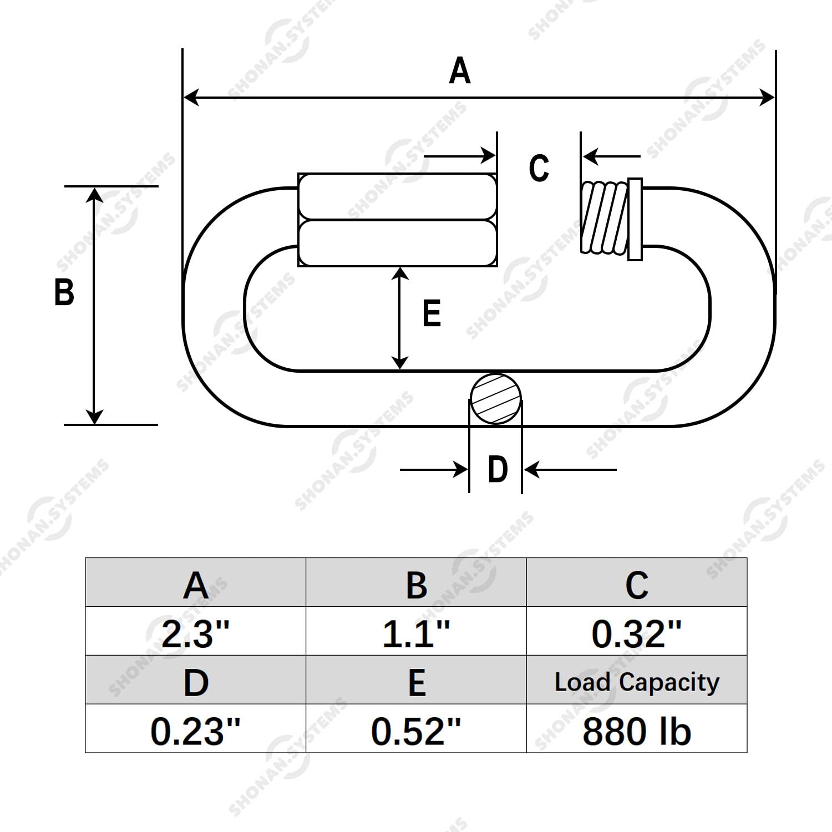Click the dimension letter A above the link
click(x=460, y=71)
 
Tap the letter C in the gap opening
click(x=539, y=168)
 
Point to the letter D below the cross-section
click(x=498, y=470)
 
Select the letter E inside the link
click(x=432, y=313)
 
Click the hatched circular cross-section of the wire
click(x=496, y=399)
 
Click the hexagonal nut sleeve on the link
click(x=397, y=220)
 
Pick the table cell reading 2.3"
click(x=195, y=632)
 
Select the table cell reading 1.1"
click(x=416, y=632)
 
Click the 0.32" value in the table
click(x=636, y=632)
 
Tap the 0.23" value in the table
click(x=195, y=730)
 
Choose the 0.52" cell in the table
click(x=416, y=730)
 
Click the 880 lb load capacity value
click(x=636, y=730)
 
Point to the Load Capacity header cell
click(x=636, y=681)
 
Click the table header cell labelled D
click(x=195, y=681)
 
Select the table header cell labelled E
click(x=416, y=681)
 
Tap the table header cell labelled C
click(x=636, y=584)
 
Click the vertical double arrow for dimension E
click(x=400, y=318)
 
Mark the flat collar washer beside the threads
click(x=635, y=219)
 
